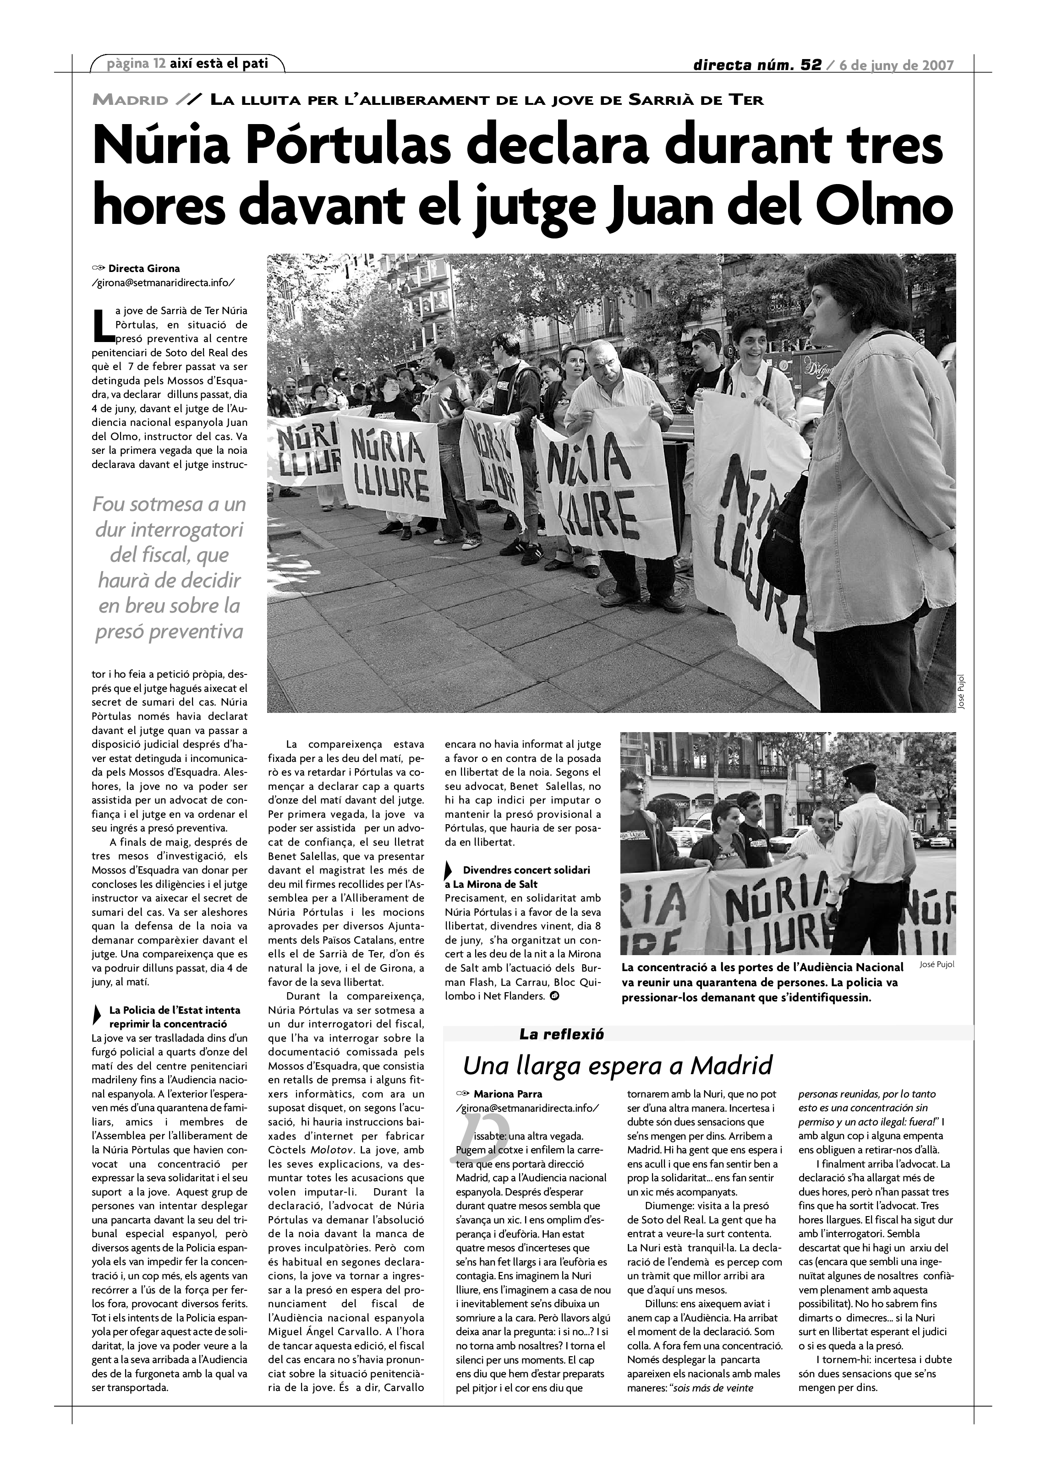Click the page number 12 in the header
(159, 63)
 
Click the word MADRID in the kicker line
(131, 100)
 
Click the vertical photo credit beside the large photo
(960, 692)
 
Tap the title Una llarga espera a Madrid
(617, 1066)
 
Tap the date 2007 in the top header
(937, 65)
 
